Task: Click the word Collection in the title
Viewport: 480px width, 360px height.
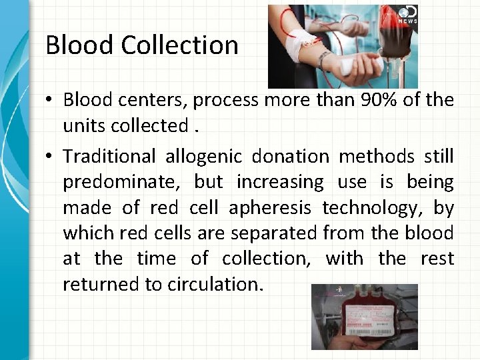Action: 179,45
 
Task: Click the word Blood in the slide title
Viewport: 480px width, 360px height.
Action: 80,45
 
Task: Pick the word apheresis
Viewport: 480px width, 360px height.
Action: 270,208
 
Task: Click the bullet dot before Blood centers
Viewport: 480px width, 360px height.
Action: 50,101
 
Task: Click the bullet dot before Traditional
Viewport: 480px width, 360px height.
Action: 50,157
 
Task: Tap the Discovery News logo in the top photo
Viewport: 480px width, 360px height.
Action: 407,15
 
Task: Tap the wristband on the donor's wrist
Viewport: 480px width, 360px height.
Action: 325,60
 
